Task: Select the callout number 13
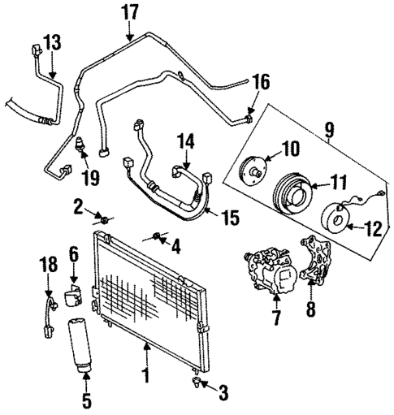(x=51, y=42)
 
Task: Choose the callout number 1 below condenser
(x=146, y=377)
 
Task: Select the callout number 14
(x=186, y=142)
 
